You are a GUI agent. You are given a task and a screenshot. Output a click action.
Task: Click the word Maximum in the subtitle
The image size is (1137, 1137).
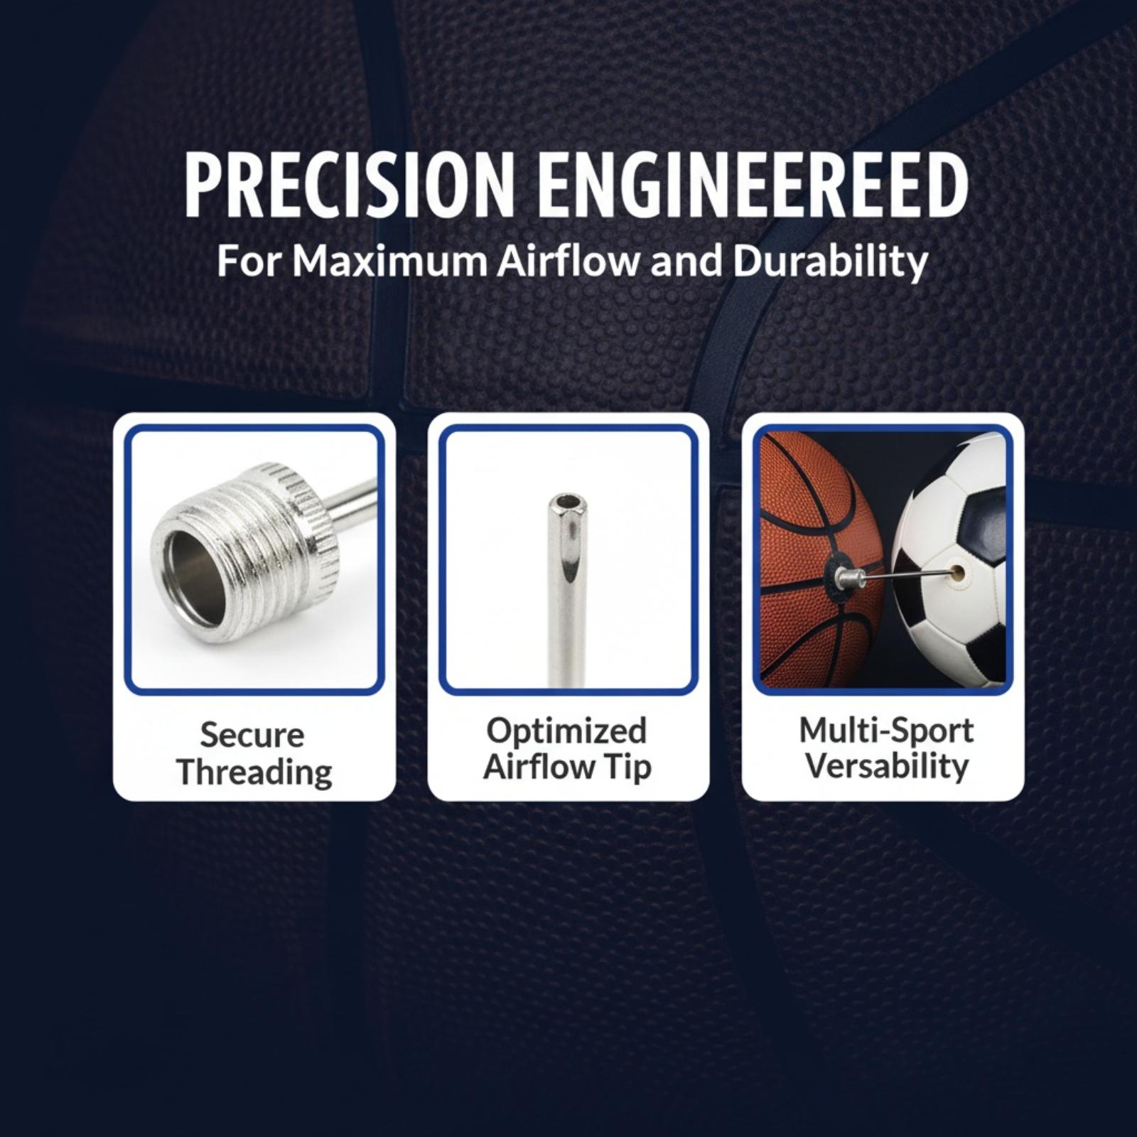click(x=389, y=262)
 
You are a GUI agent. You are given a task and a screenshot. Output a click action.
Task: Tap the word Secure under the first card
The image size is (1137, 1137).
click(x=252, y=735)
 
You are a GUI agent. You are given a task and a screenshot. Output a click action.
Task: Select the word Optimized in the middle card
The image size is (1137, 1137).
click(x=566, y=731)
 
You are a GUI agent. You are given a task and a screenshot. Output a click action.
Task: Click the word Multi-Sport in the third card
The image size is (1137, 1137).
click(x=886, y=731)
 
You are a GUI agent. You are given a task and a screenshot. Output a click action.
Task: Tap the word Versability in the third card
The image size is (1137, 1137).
click(x=888, y=767)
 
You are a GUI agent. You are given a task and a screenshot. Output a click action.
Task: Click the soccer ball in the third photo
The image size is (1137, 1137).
click(x=949, y=561)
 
